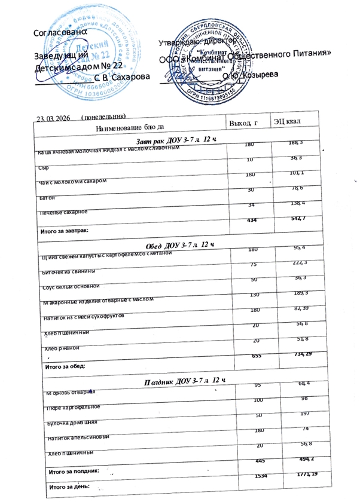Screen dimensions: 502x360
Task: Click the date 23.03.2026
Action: [x=53, y=118]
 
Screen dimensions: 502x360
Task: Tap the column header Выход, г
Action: [x=242, y=123]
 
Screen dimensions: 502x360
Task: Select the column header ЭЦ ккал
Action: [x=288, y=123]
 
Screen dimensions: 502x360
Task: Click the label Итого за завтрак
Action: [x=65, y=230]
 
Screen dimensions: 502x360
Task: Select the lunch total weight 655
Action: [x=255, y=355]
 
